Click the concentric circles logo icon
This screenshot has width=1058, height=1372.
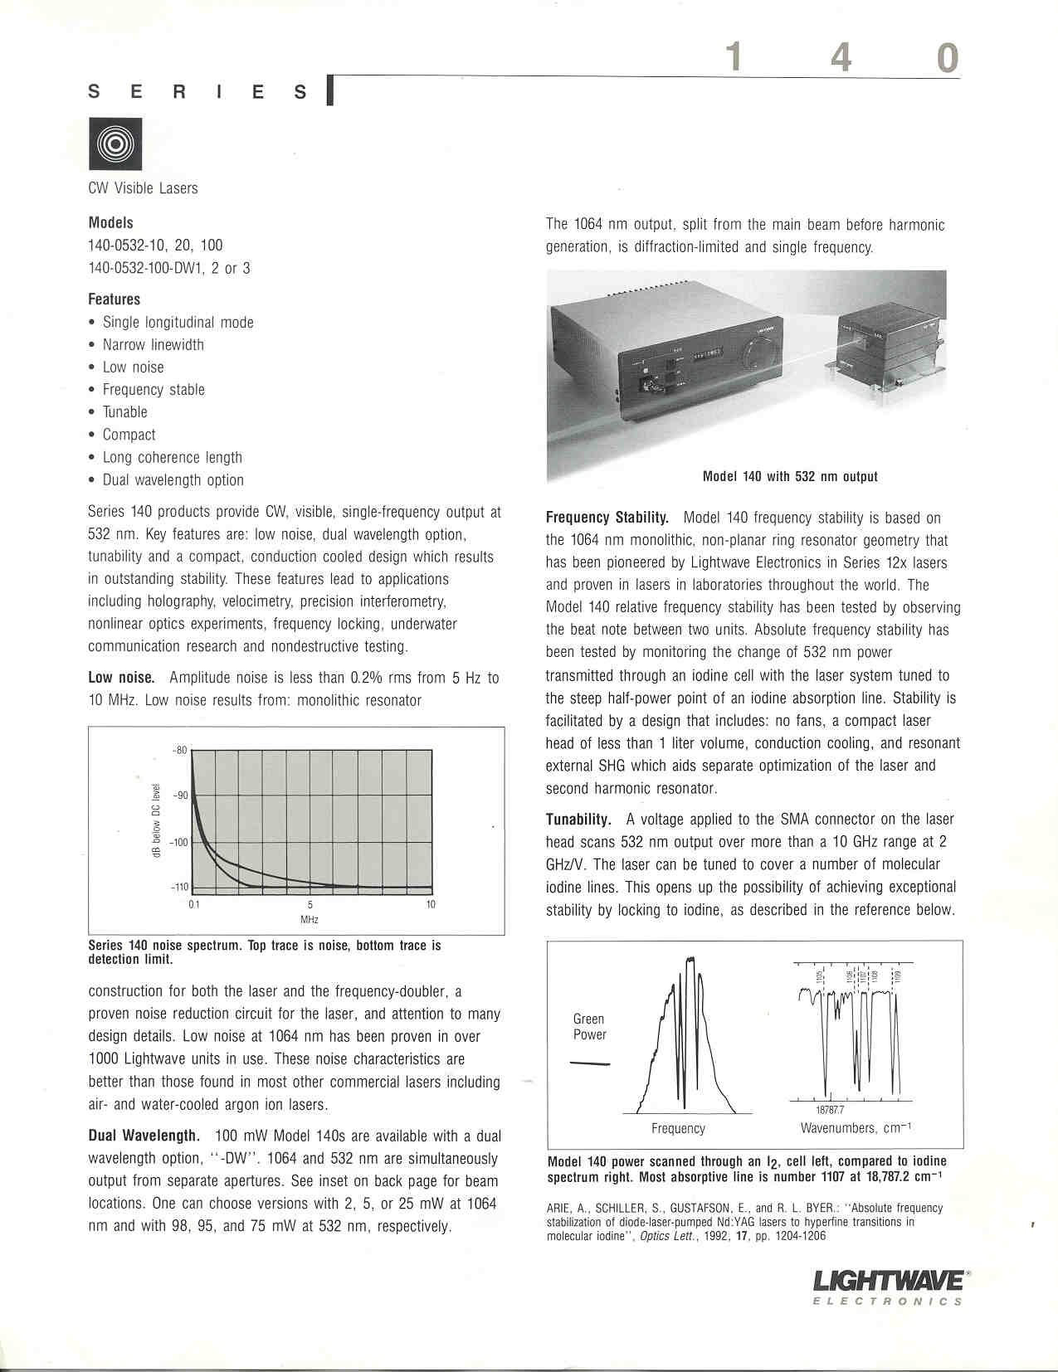[x=116, y=144]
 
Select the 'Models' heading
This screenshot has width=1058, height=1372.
[x=110, y=222]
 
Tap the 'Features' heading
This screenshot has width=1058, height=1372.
[x=115, y=299]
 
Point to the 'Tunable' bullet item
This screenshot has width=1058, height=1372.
[x=124, y=412]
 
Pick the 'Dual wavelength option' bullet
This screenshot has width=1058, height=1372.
[x=173, y=479]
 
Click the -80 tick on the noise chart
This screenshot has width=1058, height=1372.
[x=179, y=751]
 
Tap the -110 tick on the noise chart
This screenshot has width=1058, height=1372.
[x=179, y=888]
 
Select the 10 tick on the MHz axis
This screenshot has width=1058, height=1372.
[x=431, y=904]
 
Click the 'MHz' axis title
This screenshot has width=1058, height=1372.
[x=310, y=919]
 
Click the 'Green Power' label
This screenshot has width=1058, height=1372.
[x=589, y=1027]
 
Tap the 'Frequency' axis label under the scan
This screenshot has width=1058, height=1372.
[x=678, y=1128]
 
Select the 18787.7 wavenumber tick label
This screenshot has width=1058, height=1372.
[x=830, y=1110]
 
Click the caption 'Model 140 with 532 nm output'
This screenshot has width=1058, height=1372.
[x=790, y=477]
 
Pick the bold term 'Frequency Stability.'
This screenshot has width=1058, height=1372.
[x=607, y=518]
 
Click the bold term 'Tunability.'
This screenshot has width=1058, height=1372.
[x=578, y=820]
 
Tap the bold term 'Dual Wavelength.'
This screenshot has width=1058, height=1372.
[x=144, y=1136]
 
